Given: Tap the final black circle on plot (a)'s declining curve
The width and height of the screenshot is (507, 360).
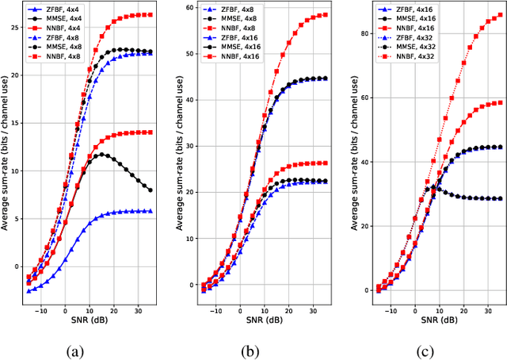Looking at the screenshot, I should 151,190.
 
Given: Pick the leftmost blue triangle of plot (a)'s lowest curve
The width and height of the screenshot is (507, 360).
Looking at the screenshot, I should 29,291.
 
